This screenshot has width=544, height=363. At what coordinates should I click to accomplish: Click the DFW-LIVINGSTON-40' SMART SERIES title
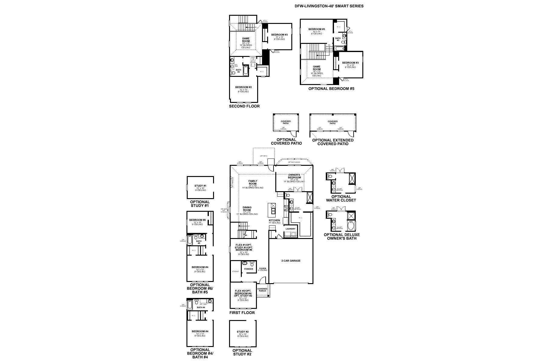329,6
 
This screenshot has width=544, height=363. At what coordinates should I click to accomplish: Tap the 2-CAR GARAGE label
291,261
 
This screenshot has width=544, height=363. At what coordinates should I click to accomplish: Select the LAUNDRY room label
290,229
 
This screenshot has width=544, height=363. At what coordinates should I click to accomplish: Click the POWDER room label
248,269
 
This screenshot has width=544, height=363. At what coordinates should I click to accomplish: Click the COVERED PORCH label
262,290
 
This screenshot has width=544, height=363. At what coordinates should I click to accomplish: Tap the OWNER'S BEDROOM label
294,176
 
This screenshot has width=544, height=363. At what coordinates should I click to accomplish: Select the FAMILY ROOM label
253,182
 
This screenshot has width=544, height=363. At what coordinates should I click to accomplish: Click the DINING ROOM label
247,209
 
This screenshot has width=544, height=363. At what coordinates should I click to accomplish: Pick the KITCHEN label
274,221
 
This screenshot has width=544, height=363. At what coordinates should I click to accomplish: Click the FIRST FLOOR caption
242,313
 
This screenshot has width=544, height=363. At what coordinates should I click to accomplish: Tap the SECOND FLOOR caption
244,106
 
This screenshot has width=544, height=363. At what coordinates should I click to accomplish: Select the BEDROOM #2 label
243,87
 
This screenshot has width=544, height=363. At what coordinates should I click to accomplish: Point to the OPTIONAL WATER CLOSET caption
341,198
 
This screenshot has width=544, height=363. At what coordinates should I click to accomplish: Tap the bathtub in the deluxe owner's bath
351,226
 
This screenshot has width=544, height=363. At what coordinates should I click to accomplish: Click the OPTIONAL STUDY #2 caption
242,352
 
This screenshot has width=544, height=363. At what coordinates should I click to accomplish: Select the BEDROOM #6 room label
197,220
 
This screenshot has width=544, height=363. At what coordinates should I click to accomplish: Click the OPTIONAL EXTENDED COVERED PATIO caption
333,142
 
